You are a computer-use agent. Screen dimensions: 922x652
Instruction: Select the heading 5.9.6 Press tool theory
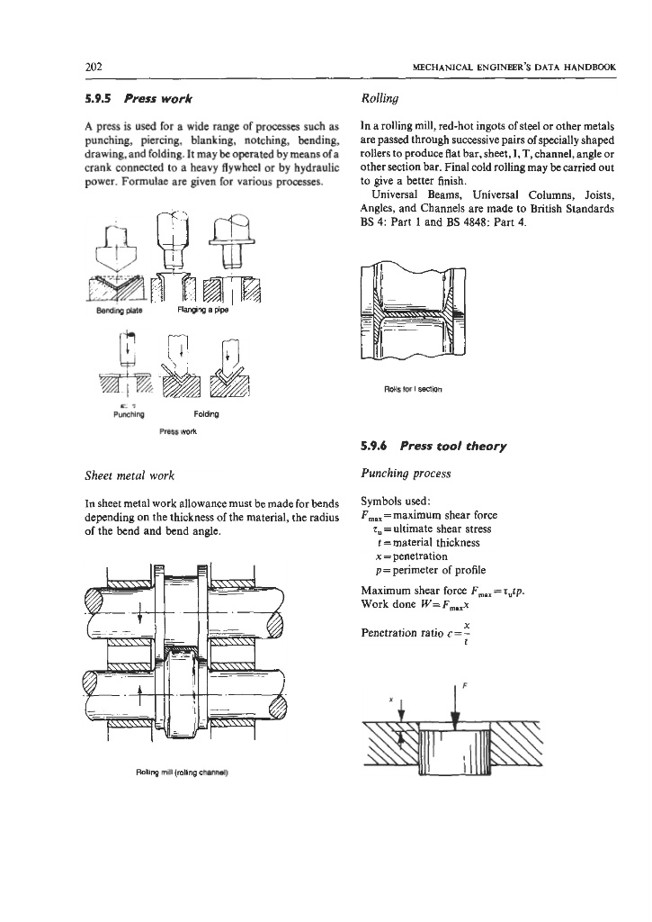click(x=428, y=447)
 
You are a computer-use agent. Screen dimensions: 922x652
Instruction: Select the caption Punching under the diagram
click(x=126, y=415)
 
